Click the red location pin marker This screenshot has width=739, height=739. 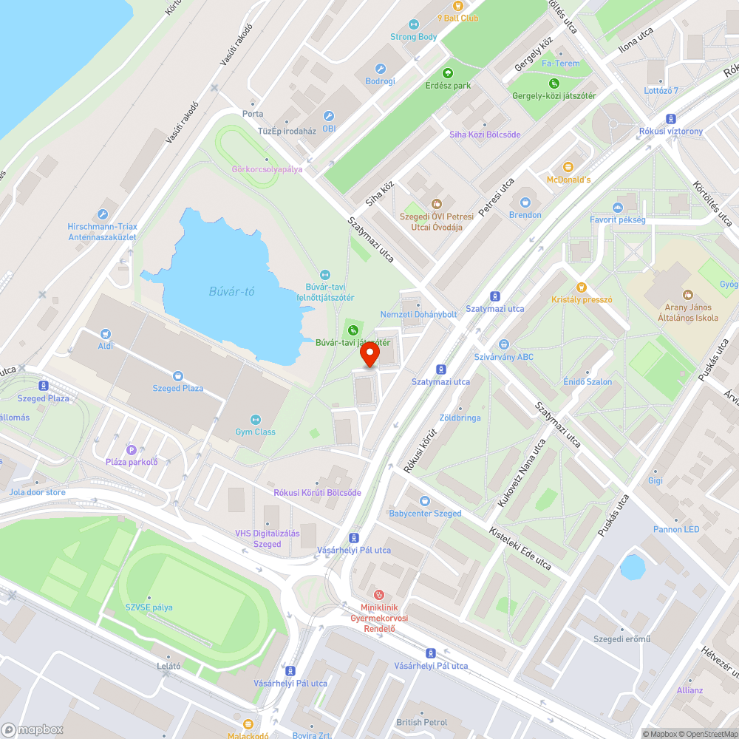coord(369,355)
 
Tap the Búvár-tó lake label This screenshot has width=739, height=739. coord(231,291)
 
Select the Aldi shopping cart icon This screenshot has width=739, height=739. coord(105,334)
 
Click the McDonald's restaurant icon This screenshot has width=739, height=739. coord(568,168)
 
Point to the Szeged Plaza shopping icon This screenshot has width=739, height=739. coord(177,376)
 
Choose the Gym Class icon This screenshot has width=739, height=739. coord(256,419)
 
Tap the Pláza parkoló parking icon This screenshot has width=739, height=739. coord(132,450)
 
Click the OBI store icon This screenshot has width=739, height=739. coord(329,116)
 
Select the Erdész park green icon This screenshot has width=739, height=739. coord(448,73)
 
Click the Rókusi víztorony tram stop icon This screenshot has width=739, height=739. coord(671,119)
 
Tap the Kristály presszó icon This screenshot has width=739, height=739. coord(582,287)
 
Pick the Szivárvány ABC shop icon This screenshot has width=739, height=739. coord(504,344)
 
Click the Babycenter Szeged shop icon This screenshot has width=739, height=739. coord(425,501)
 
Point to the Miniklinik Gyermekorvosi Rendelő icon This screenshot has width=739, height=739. coord(379,593)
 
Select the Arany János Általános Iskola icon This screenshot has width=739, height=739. coord(688,295)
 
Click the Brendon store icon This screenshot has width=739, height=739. coord(525,202)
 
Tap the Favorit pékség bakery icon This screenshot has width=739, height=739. coord(618,208)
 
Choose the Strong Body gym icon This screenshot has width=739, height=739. coord(413,24)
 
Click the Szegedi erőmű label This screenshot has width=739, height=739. coord(622,639)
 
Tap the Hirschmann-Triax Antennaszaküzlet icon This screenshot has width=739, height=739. coord(103,214)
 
